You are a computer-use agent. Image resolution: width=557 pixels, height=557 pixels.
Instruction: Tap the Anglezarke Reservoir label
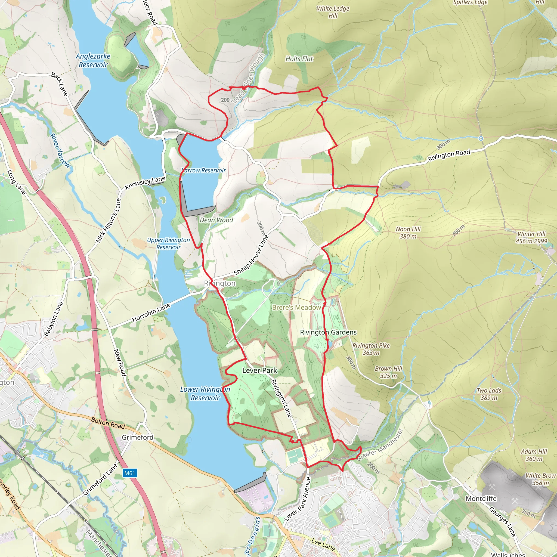[93, 61]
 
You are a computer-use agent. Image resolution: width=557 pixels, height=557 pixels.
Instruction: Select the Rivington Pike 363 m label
[371, 349]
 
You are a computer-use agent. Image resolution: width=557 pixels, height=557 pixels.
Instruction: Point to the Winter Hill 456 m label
[531, 237]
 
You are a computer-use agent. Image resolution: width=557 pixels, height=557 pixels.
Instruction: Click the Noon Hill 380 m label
[408, 233]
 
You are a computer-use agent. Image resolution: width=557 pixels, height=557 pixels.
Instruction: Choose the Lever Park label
[259, 370]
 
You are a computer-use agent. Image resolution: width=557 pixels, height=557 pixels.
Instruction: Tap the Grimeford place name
[138, 437]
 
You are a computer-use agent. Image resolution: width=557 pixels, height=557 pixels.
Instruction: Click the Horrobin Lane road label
[151, 313]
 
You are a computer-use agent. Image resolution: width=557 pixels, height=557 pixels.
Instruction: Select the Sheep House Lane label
[251, 255]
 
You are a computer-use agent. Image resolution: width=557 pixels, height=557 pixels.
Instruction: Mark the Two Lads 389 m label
[489, 394]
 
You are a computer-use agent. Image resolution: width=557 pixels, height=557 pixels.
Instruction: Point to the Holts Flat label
[299, 59]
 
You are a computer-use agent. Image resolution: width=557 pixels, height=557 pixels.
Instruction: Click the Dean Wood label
[216, 220]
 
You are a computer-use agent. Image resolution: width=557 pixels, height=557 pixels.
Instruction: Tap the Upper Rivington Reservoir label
[168, 243]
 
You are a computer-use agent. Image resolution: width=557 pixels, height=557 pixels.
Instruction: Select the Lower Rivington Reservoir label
[205, 394]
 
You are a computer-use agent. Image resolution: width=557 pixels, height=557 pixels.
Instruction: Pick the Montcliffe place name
[481, 499]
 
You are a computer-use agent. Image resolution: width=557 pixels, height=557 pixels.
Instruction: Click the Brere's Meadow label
[296, 307]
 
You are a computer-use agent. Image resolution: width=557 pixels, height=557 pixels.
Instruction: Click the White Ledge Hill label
[333, 12]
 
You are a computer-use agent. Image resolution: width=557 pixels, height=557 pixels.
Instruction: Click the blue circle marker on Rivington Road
[481, 138]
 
